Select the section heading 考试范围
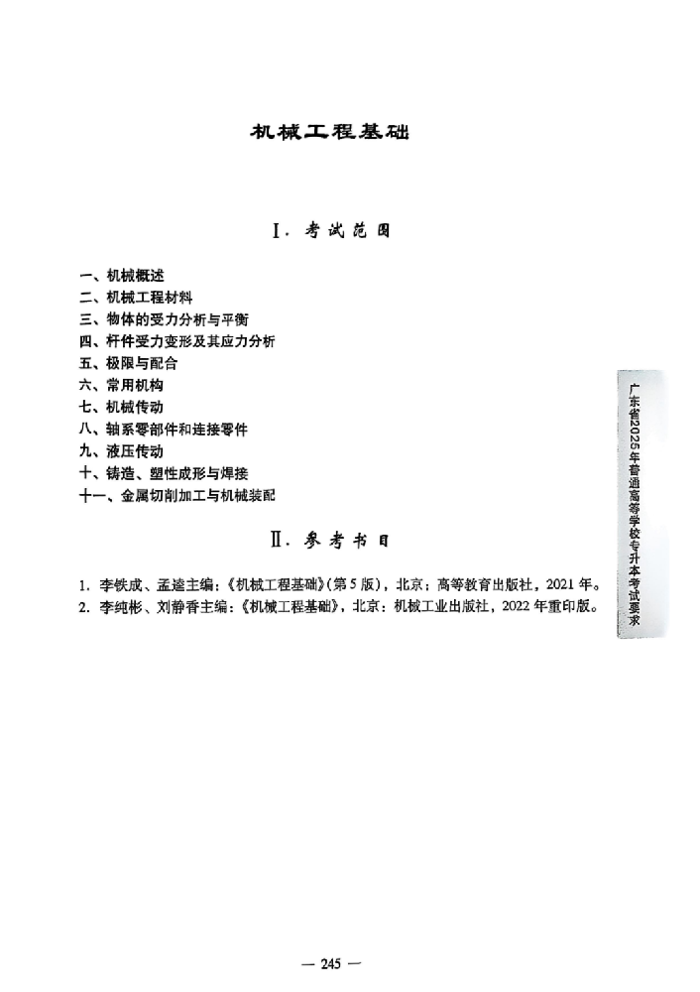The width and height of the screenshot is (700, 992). coord(330,231)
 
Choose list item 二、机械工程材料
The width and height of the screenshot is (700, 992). coord(136,297)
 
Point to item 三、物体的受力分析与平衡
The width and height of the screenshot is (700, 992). coord(164,319)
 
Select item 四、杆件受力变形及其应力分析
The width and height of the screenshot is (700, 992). coord(177,341)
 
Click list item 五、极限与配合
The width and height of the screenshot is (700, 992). coord(129,363)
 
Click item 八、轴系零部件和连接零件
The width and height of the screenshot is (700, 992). coord(164,430)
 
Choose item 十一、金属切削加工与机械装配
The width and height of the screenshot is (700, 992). coord(177,495)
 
